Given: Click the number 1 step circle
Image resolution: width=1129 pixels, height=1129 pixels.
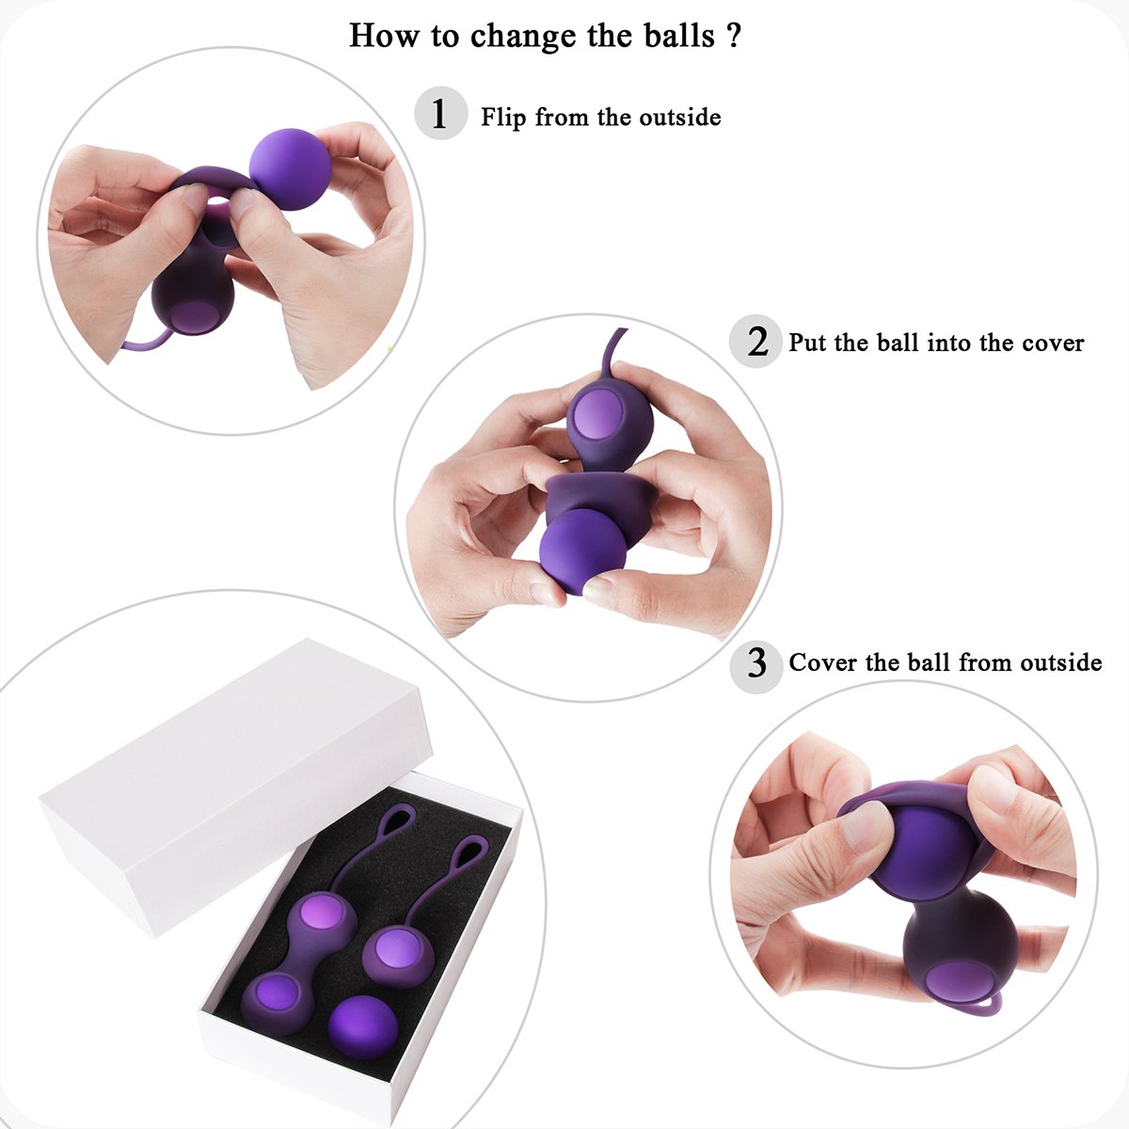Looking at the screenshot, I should point(439,115).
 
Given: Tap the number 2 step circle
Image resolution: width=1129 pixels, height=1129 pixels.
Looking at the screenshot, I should point(756,342).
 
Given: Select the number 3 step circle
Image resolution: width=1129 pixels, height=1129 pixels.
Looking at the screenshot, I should point(756,663).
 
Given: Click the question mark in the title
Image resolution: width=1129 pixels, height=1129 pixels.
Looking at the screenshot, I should point(734,36).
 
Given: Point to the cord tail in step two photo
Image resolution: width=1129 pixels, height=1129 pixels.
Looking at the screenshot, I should point(609,349).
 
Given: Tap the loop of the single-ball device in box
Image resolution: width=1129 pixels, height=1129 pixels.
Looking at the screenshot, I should point(468,855).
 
